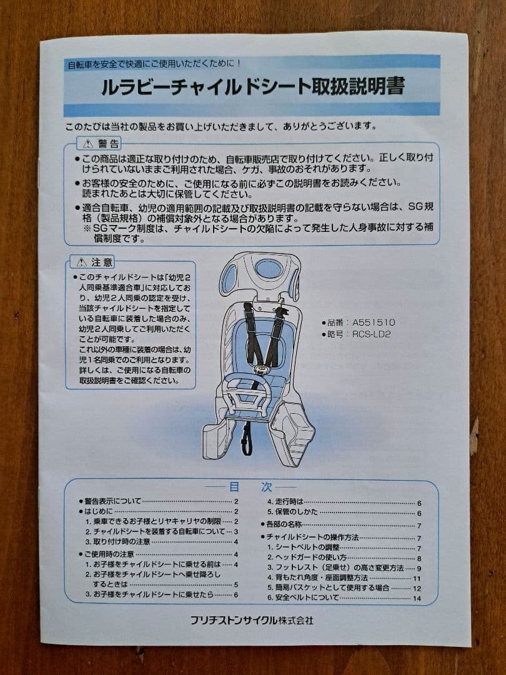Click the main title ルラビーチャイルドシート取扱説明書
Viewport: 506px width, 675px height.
point(253,86)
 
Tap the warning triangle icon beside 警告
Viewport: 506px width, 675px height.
point(88,143)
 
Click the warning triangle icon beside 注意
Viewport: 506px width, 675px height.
point(81,262)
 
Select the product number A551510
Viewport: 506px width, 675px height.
point(374,322)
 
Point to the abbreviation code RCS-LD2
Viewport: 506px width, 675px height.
point(371,334)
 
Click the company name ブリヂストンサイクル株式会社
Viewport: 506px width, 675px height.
point(252,621)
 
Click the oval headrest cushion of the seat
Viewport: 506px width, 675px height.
point(269,269)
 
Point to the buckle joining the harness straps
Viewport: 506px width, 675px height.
point(259,369)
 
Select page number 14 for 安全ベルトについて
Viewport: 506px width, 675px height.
point(417,598)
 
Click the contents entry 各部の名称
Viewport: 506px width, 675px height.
point(284,524)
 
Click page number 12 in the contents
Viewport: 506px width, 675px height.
point(417,589)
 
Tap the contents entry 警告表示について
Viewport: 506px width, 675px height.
point(112,501)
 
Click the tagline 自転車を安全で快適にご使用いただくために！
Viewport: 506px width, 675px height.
point(154,64)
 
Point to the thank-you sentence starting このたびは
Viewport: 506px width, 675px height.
point(221,126)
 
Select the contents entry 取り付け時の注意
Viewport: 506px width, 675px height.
point(122,541)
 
